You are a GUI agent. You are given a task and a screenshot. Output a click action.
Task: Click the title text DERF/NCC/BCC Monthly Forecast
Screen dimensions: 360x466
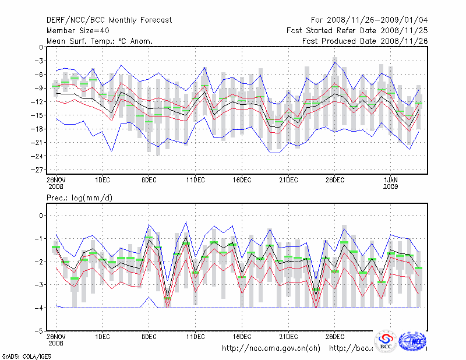coord(109,20)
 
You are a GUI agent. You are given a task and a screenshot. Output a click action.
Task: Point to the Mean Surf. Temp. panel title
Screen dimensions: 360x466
coord(100,41)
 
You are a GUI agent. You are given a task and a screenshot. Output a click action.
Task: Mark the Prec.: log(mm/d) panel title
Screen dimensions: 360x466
coord(80,199)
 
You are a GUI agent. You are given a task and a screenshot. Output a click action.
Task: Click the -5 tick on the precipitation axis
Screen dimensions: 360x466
coord(41,331)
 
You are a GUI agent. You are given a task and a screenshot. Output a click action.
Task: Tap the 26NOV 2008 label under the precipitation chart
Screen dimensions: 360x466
coord(55,340)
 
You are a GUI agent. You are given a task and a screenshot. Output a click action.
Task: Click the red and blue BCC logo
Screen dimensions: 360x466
coord(386,342)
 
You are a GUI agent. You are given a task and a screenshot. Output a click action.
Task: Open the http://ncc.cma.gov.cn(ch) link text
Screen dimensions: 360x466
coord(271,348)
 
